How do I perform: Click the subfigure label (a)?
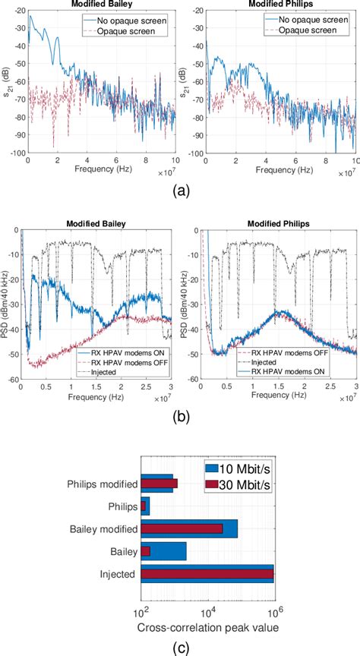(x=179, y=190)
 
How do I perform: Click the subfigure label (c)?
(x=179, y=646)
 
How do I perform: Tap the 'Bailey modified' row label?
(x=103, y=528)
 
